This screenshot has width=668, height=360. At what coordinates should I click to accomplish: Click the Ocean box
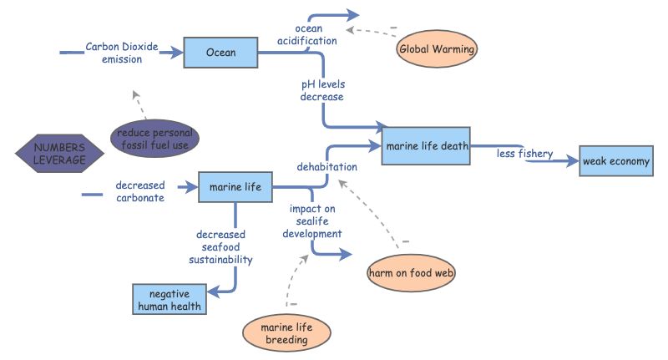click(x=220, y=53)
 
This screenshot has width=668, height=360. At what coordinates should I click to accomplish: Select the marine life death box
click(x=426, y=145)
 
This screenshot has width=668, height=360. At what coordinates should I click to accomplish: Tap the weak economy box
click(x=616, y=161)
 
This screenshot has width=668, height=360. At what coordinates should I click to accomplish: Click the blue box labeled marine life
click(x=235, y=187)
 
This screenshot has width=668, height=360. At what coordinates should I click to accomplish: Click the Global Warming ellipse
click(x=437, y=49)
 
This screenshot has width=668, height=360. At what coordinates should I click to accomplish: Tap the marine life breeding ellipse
click(x=286, y=333)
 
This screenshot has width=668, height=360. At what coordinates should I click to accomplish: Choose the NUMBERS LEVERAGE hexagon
click(x=60, y=154)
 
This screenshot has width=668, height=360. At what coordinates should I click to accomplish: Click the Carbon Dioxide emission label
click(x=121, y=53)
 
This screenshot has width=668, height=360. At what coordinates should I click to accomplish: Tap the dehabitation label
click(x=326, y=166)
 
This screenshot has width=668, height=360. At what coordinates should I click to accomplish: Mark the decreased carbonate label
click(x=140, y=190)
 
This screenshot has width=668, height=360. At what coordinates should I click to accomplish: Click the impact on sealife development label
click(x=312, y=221)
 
